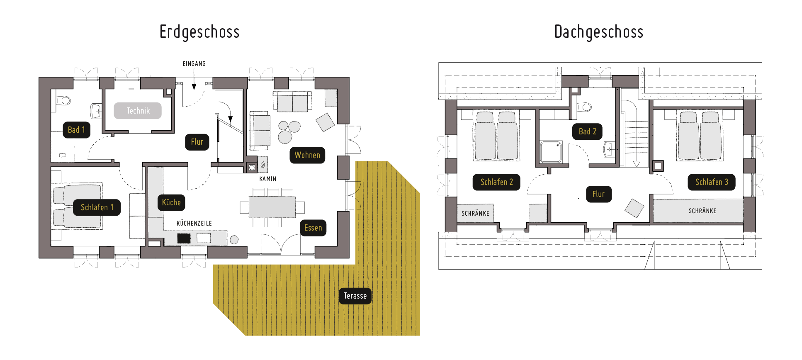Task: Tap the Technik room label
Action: tap(138, 111)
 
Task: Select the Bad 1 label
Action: tap(76, 130)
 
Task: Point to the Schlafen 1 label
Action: tap(97, 207)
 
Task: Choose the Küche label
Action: tap(171, 202)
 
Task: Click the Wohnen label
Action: tap(307, 155)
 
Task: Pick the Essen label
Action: tap(313, 228)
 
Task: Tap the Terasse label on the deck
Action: tap(355, 296)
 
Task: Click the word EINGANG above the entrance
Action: tap(194, 64)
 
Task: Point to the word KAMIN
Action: tap(268, 179)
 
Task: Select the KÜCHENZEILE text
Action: tap(194, 224)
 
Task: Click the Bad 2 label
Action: tap(588, 131)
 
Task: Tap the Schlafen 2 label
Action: tap(497, 182)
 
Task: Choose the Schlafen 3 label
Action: tap(712, 182)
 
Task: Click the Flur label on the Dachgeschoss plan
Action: tap(599, 194)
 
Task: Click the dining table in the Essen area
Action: tap(272, 207)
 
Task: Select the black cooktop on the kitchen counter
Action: tap(184, 238)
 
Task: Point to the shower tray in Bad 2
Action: tap(551, 152)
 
